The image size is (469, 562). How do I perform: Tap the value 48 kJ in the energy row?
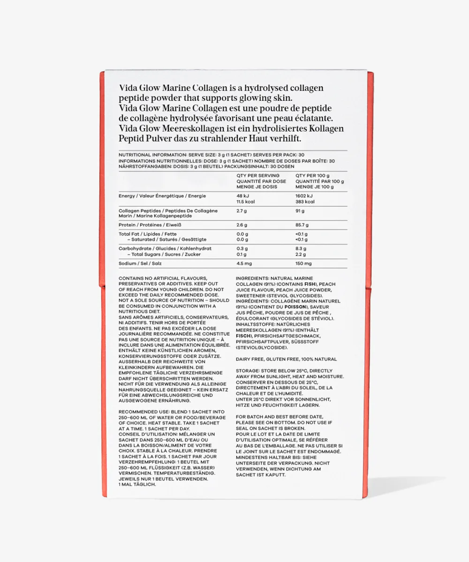pyautogui.click(x=242, y=196)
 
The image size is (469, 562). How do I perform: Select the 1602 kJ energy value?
pyautogui.click(x=304, y=196)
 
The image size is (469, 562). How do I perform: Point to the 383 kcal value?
pyautogui.click(x=305, y=202)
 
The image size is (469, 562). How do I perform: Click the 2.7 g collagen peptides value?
pyautogui.click(x=242, y=211)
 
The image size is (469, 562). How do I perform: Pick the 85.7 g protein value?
pyautogui.click(x=302, y=225)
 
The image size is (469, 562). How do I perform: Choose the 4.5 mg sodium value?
pyautogui.click(x=245, y=263)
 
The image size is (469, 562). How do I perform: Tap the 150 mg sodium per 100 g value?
pyautogui.click(x=303, y=263)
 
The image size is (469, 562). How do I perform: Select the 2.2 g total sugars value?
pyautogui.click(x=301, y=254)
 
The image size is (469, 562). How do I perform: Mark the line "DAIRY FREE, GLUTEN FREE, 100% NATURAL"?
pyautogui.click(x=286, y=359)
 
